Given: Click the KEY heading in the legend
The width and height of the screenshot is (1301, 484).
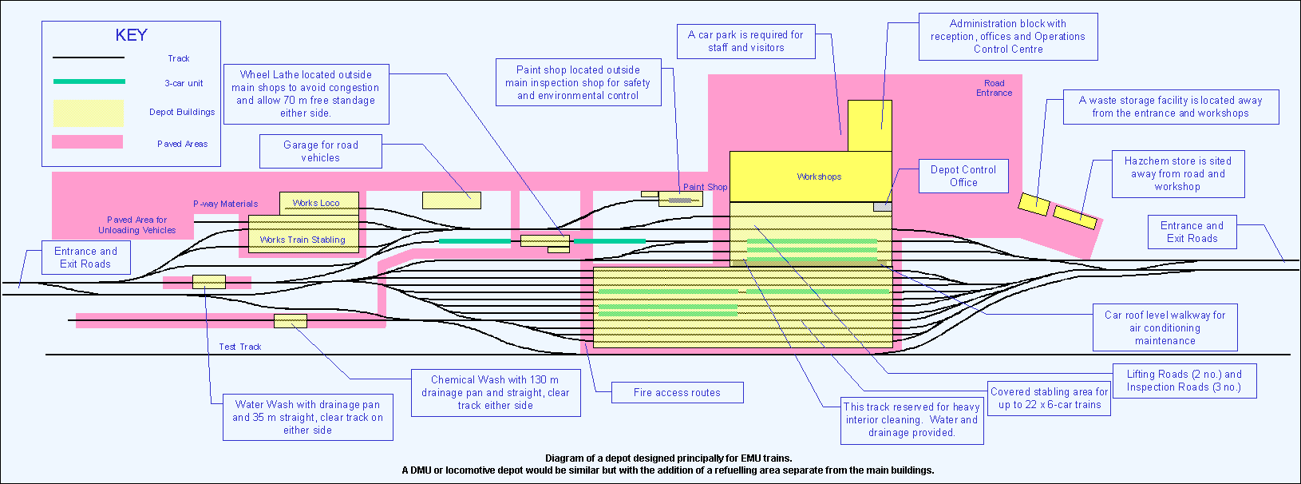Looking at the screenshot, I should coord(131,35).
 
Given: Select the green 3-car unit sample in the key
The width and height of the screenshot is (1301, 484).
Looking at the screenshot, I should coord(89,81).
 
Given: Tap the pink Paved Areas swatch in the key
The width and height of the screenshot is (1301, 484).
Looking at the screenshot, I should coord(87,142).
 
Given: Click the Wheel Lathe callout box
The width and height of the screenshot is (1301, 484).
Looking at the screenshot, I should coord(306,94).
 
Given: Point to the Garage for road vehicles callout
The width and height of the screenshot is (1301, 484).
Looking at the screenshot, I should coord(320,151).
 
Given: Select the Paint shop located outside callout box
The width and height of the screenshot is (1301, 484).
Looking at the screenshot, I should coord(578,82).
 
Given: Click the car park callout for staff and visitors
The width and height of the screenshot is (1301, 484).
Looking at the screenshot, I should coord(745,42).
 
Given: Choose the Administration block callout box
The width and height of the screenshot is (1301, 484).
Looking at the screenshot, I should coord(1007,37).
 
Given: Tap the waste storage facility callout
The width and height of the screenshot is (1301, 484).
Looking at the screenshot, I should coord(1170,107).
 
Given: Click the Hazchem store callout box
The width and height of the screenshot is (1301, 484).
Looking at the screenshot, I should coord(1177,173).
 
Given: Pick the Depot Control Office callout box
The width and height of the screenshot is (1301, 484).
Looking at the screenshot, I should coord(963,176).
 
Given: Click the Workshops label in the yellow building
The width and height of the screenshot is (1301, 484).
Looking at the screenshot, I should coord(819,177).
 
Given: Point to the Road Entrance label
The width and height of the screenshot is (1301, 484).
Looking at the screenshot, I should coord(994,88).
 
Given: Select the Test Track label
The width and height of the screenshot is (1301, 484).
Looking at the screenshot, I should coord(240,347).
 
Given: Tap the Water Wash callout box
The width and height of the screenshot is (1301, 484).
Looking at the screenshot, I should coord(307,417).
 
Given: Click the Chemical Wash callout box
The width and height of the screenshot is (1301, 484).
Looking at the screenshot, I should coord(495,392).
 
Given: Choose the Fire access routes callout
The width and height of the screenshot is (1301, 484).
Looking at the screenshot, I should coord(677,392).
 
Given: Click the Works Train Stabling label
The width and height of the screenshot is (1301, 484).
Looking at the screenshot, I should coord(303,240).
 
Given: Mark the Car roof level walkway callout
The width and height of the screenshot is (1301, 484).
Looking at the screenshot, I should coord(1165,327).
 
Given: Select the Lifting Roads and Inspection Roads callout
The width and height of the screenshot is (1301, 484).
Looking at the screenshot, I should coord(1184,380).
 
